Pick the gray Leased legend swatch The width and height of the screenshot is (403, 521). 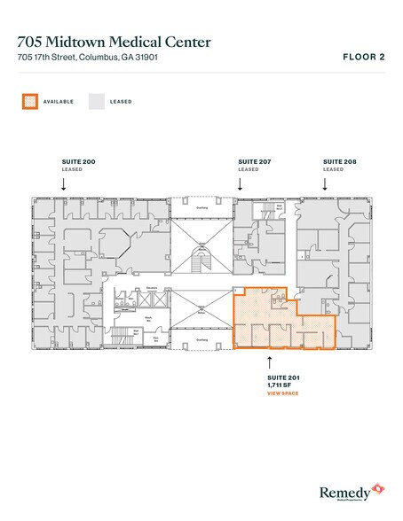tap(96, 101)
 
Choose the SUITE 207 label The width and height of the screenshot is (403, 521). tap(249, 161)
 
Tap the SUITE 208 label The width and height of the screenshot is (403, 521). tap(334, 161)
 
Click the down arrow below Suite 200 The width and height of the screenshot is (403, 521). tap(63, 183)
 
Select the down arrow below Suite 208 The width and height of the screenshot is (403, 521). tap(325, 183)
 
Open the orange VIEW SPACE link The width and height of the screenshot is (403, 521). tap(282, 393)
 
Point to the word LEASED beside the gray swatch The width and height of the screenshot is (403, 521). tap(122, 101)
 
